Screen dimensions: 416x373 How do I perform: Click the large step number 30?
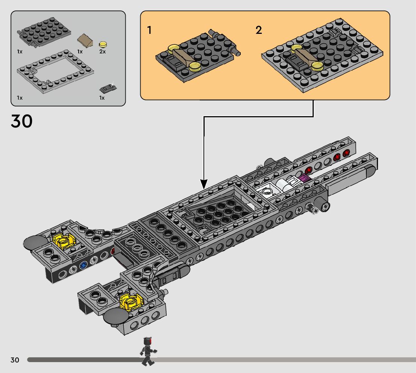21,121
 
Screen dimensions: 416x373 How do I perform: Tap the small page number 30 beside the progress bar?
15,360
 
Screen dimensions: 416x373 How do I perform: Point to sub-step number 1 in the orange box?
149,30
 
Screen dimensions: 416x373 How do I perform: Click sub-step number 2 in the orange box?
259,30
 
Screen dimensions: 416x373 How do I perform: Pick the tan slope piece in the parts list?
85,41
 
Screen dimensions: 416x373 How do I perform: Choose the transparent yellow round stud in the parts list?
103,44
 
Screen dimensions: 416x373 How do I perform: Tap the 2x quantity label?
102,52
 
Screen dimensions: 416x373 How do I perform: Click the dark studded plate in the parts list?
44,32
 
